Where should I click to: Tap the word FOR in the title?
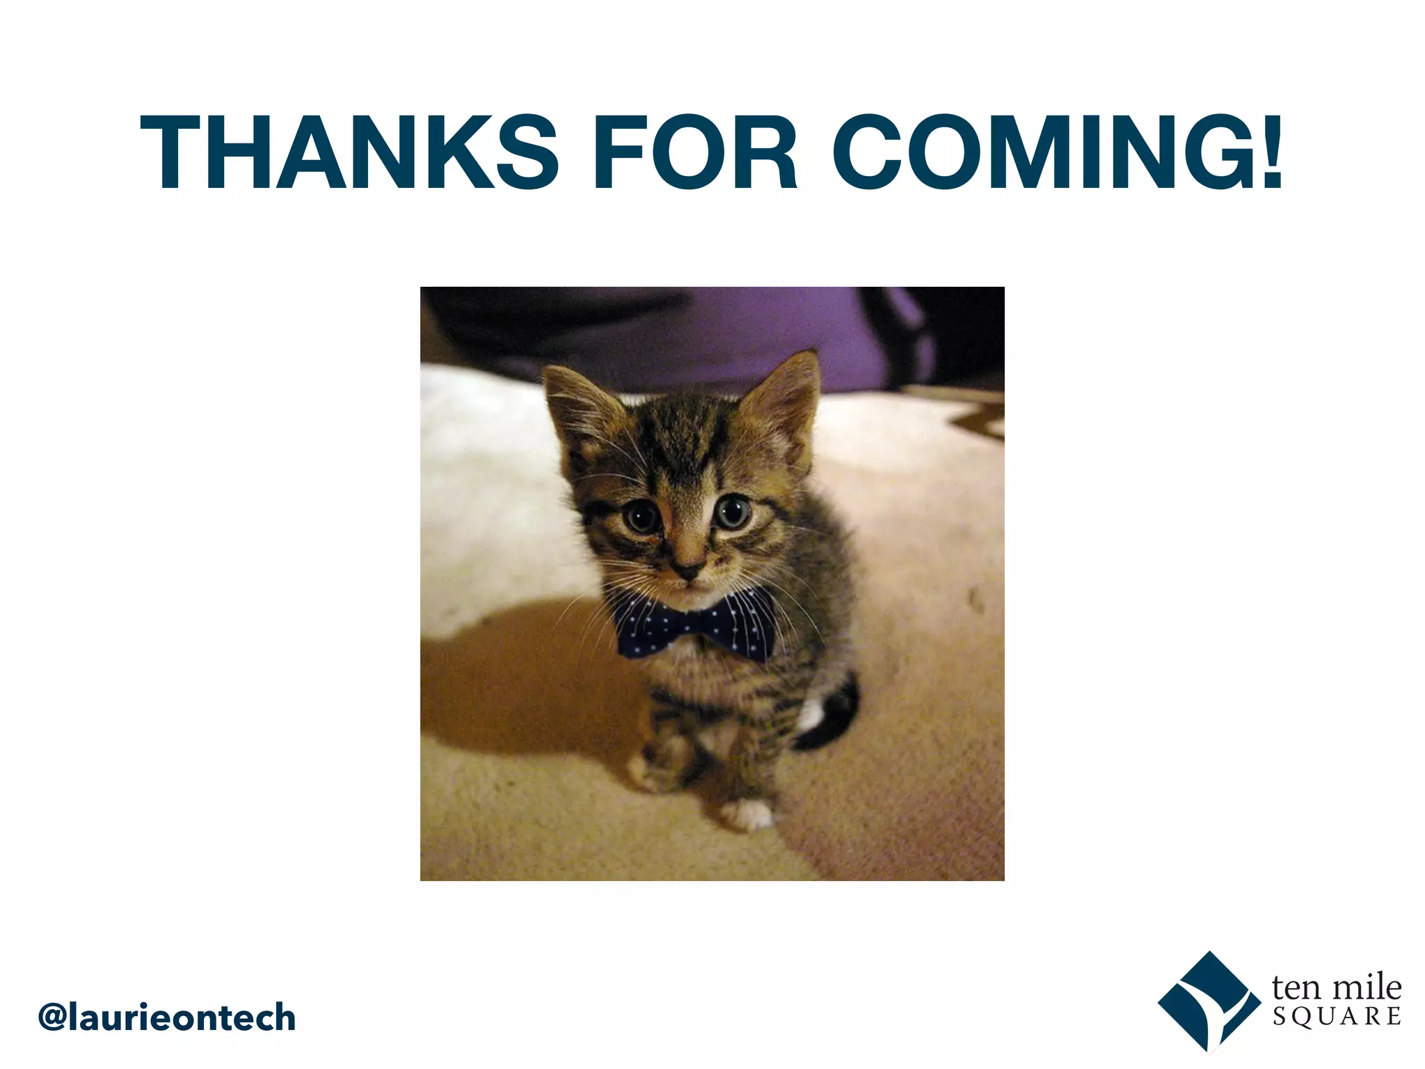695,152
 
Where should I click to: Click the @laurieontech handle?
167,1017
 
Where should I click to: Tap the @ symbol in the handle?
53,1017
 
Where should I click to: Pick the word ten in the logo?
1295,987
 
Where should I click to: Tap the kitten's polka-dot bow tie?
696,626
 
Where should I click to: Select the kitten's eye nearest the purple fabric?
732,512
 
